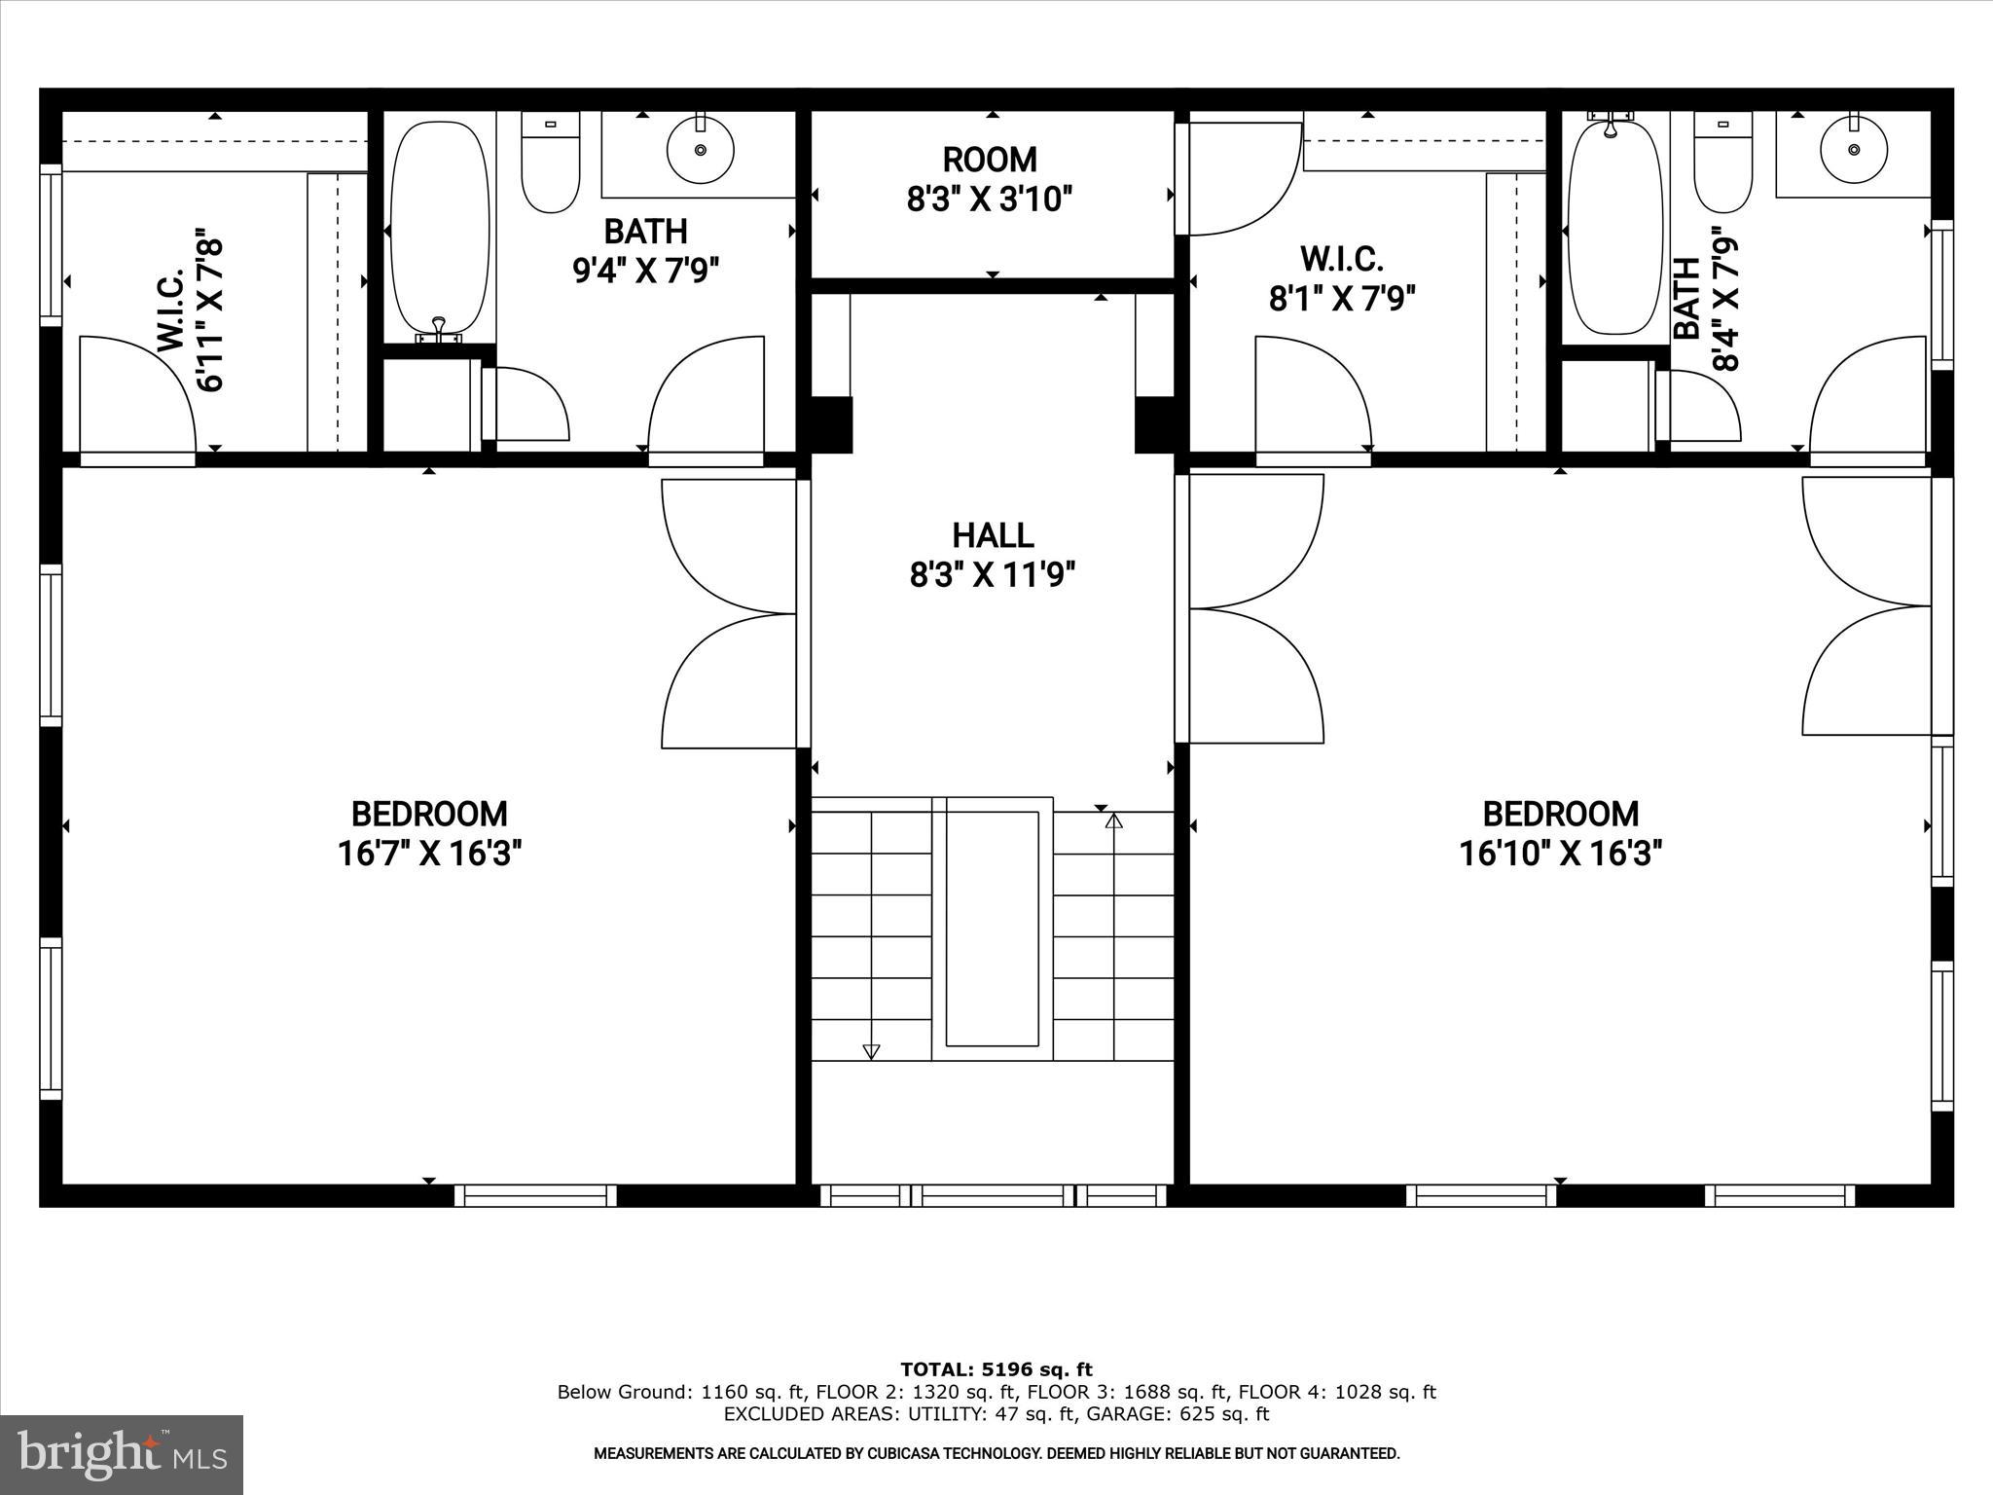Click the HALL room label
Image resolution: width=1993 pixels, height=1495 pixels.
click(993, 535)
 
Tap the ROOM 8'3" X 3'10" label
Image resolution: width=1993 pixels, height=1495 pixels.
click(990, 179)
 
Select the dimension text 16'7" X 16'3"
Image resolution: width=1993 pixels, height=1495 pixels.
click(430, 854)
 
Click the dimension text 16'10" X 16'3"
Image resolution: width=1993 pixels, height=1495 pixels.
click(1560, 854)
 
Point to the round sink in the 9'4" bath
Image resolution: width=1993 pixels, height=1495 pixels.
click(700, 150)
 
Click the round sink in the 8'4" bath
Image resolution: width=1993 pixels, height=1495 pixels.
click(1854, 150)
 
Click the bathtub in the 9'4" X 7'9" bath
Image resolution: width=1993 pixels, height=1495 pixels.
click(440, 230)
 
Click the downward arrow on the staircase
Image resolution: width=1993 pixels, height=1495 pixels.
click(871, 1051)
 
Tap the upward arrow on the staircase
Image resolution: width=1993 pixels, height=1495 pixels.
click(1114, 820)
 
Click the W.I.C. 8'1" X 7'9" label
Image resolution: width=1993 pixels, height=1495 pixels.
click(1341, 279)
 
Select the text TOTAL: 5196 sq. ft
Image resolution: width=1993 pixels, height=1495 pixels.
click(996, 1370)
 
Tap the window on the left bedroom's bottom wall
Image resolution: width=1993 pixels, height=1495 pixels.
click(535, 1195)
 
